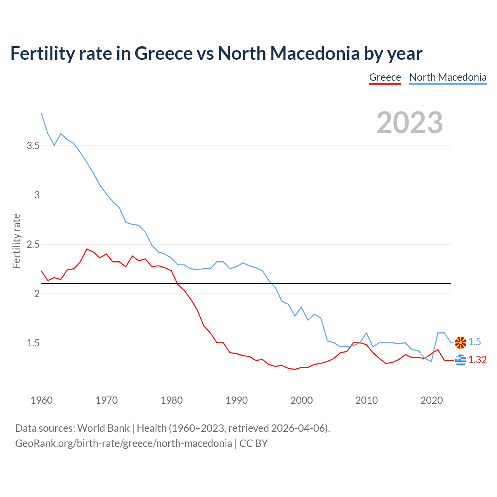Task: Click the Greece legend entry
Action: click(385, 77)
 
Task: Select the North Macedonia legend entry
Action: click(448, 77)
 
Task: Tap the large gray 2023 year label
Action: click(410, 123)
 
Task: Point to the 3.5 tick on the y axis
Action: click(33, 146)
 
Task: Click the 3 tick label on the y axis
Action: click(37, 195)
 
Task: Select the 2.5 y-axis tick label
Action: click(33, 245)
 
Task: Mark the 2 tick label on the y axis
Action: click(37, 294)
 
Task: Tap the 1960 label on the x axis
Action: click(42, 400)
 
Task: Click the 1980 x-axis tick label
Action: click(172, 400)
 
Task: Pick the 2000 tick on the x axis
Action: click(301, 400)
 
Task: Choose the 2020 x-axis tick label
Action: click(431, 400)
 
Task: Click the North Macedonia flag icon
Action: click(461, 342)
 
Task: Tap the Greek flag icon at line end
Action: click(461, 360)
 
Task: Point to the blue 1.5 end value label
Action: click(474, 342)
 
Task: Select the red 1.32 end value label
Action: click(477, 360)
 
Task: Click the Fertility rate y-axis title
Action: click(16, 241)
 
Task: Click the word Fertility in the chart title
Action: click(42, 54)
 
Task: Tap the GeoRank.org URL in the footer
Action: click(123, 443)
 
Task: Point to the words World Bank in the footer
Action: click(103, 428)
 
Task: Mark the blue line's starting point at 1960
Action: click(42, 113)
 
